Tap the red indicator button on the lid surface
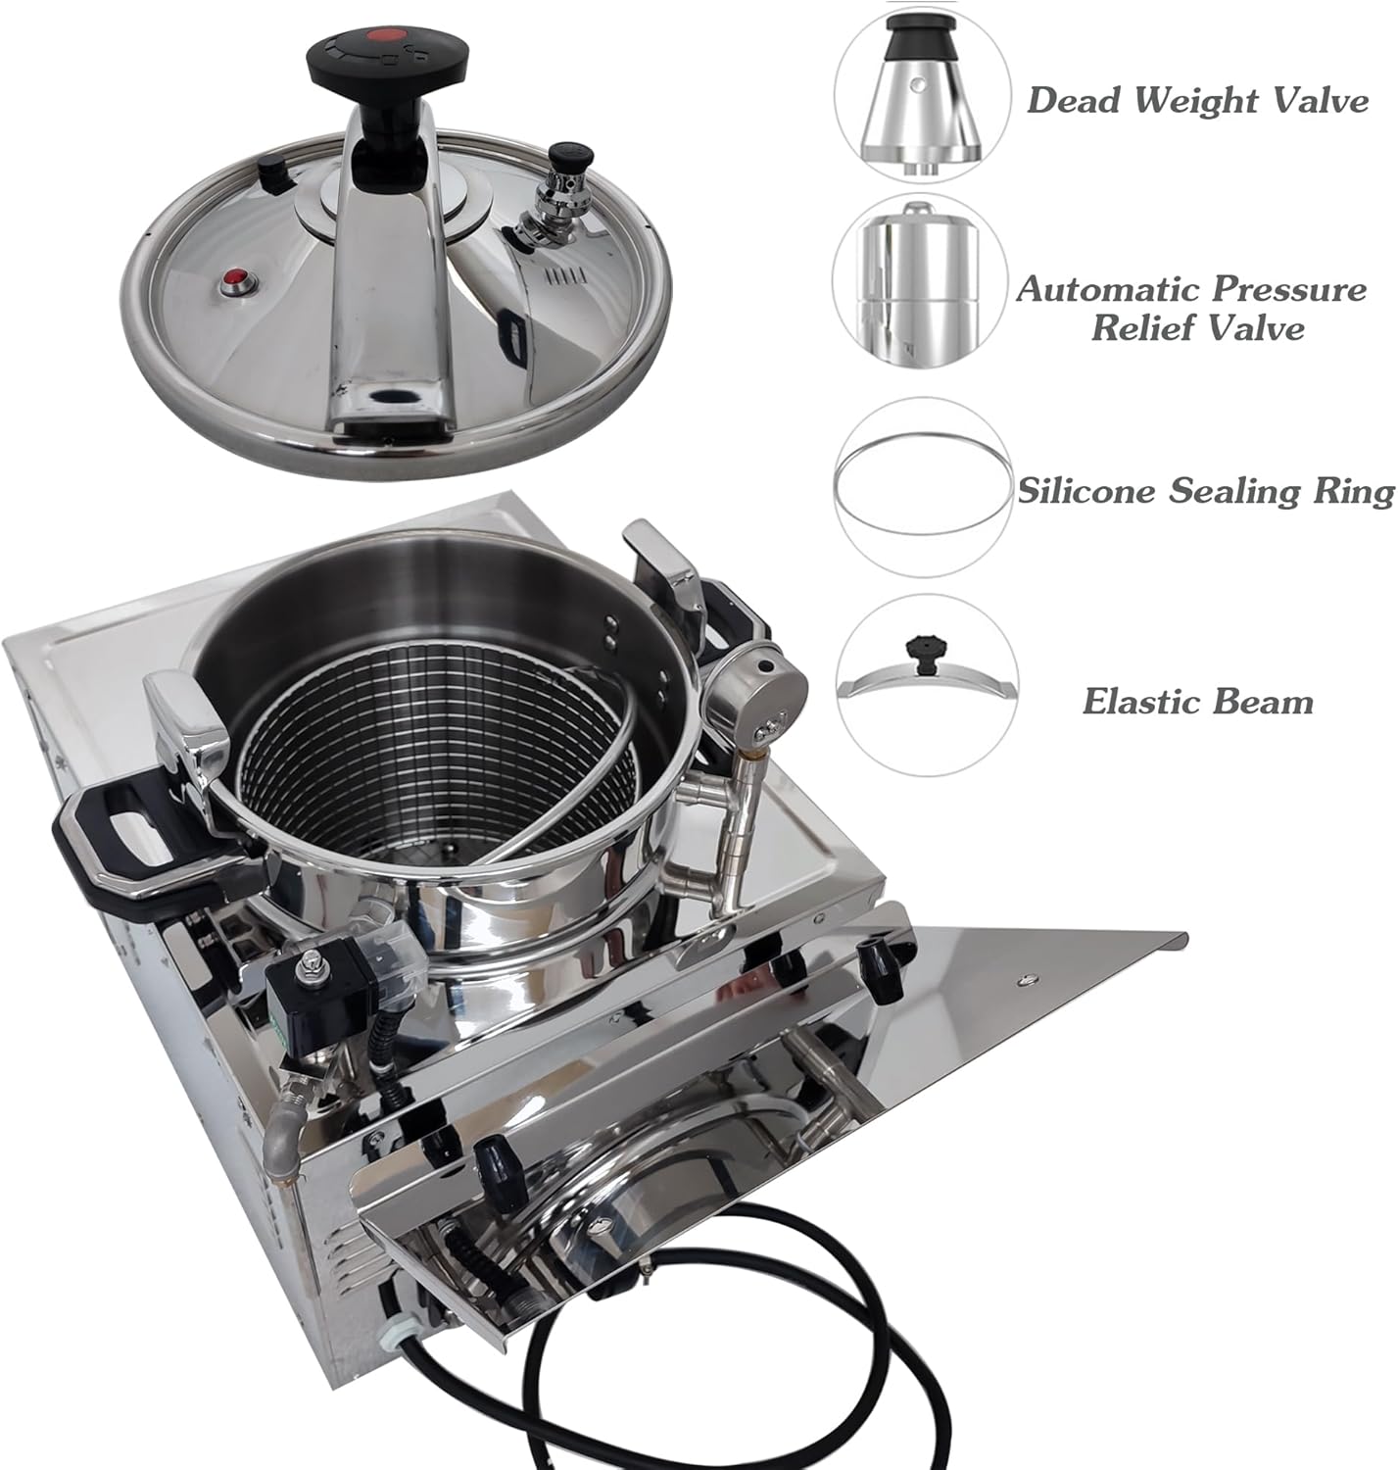point(237,282)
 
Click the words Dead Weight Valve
point(1196,100)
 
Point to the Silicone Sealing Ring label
point(1205,490)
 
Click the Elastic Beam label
point(1197,702)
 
